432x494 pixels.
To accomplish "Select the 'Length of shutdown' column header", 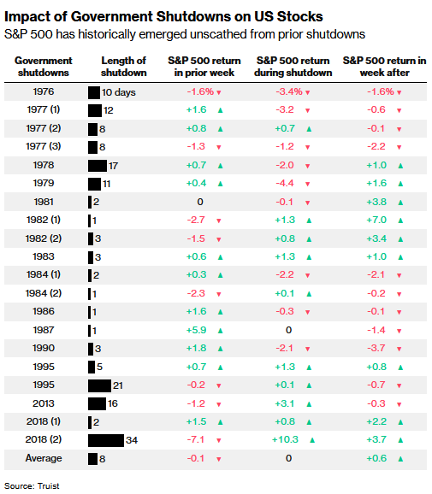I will (x=123, y=66).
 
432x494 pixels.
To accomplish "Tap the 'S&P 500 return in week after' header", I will (x=384, y=66).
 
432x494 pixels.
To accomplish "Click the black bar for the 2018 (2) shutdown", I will (x=105, y=440).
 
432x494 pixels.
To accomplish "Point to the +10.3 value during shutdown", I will (x=286, y=440).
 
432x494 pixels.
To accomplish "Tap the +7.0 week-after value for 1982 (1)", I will (x=377, y=220).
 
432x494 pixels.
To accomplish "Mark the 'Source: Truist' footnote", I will (x=32, y=485).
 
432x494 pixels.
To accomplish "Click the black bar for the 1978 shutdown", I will (x=98, y=164).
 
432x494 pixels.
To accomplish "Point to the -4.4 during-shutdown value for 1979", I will (x=286, y=183).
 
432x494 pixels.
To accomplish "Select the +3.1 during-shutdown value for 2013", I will (x=286, y=403).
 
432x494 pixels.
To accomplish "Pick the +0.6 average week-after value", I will (x=377, y=459).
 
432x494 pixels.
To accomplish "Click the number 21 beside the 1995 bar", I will (x=119, y=385).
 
